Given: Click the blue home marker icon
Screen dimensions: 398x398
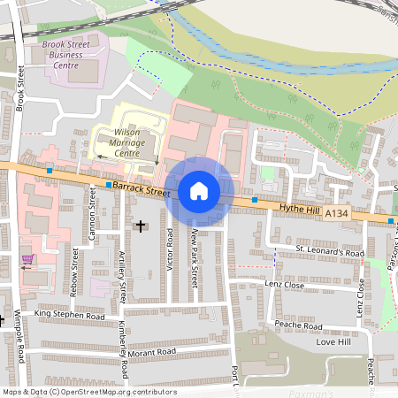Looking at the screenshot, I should [199, 190].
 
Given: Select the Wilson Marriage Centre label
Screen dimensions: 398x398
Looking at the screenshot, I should [127, 142].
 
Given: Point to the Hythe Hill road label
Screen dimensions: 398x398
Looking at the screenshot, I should [297, 208].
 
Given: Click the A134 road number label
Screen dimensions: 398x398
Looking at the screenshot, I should [337, 213].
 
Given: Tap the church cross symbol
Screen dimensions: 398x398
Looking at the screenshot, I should [140, 226].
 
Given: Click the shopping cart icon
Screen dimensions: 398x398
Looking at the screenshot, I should [27, 260].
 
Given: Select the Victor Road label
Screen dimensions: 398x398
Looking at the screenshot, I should [170, 249].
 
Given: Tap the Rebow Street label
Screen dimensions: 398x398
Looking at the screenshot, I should [75, 270].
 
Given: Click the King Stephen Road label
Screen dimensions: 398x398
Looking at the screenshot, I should [69, 315].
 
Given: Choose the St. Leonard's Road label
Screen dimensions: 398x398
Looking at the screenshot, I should [330, 252].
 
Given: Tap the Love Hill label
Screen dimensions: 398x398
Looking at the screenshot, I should [333, 341].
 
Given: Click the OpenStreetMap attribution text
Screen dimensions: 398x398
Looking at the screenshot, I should [89, 392].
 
